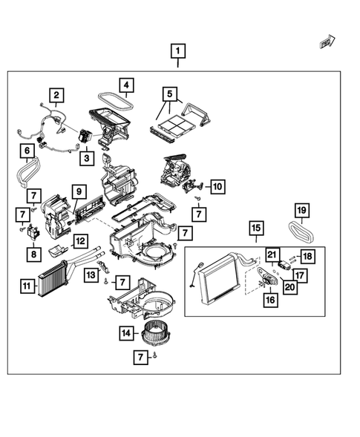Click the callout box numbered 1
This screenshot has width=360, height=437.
(178, 51)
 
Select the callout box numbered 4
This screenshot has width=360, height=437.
(127, 85)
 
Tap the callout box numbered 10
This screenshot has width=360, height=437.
(217, 186)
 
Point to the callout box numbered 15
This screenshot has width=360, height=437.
(256, 229)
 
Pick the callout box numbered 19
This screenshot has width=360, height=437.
(302, 210)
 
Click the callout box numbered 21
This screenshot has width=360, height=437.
(272, 254)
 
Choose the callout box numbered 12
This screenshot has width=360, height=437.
(81, 241)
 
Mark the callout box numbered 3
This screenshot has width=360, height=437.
(87, 158)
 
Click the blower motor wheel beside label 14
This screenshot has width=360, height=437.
(152, 333)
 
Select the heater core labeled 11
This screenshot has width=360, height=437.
(53, 279)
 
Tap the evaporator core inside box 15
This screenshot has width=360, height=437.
(220, 279)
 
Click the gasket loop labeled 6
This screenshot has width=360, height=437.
(29, 171)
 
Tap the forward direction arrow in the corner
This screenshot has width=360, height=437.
(327, 42)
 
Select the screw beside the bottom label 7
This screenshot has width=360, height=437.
(155, 355)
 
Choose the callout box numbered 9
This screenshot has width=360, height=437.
(79, 191)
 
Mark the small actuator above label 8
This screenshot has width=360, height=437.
(33, 232)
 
